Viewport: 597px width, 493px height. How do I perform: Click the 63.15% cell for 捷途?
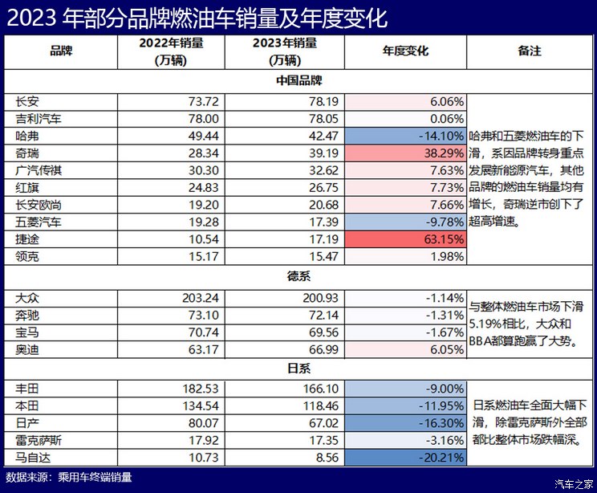click(x=405, y=238)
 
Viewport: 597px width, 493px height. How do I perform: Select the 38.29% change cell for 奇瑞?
click(x=405, y=152)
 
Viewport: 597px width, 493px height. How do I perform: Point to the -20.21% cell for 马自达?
click(x=405, y=458)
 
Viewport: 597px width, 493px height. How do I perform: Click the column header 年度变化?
click(x=405, y=51)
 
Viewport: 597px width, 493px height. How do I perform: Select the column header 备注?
click(x=530, y=51)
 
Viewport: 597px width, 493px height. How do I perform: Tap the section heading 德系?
click(x=298, y=277)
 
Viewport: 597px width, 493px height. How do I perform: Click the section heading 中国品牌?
click(x=298, y=80)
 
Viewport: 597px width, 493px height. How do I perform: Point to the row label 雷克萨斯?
click(x=38, y=441)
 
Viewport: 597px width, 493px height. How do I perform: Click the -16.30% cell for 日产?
click(x=405, y=423)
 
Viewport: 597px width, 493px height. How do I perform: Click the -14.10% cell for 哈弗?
click(x=405, y=135)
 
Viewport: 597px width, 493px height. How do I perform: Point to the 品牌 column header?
click(x=60, y=51)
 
